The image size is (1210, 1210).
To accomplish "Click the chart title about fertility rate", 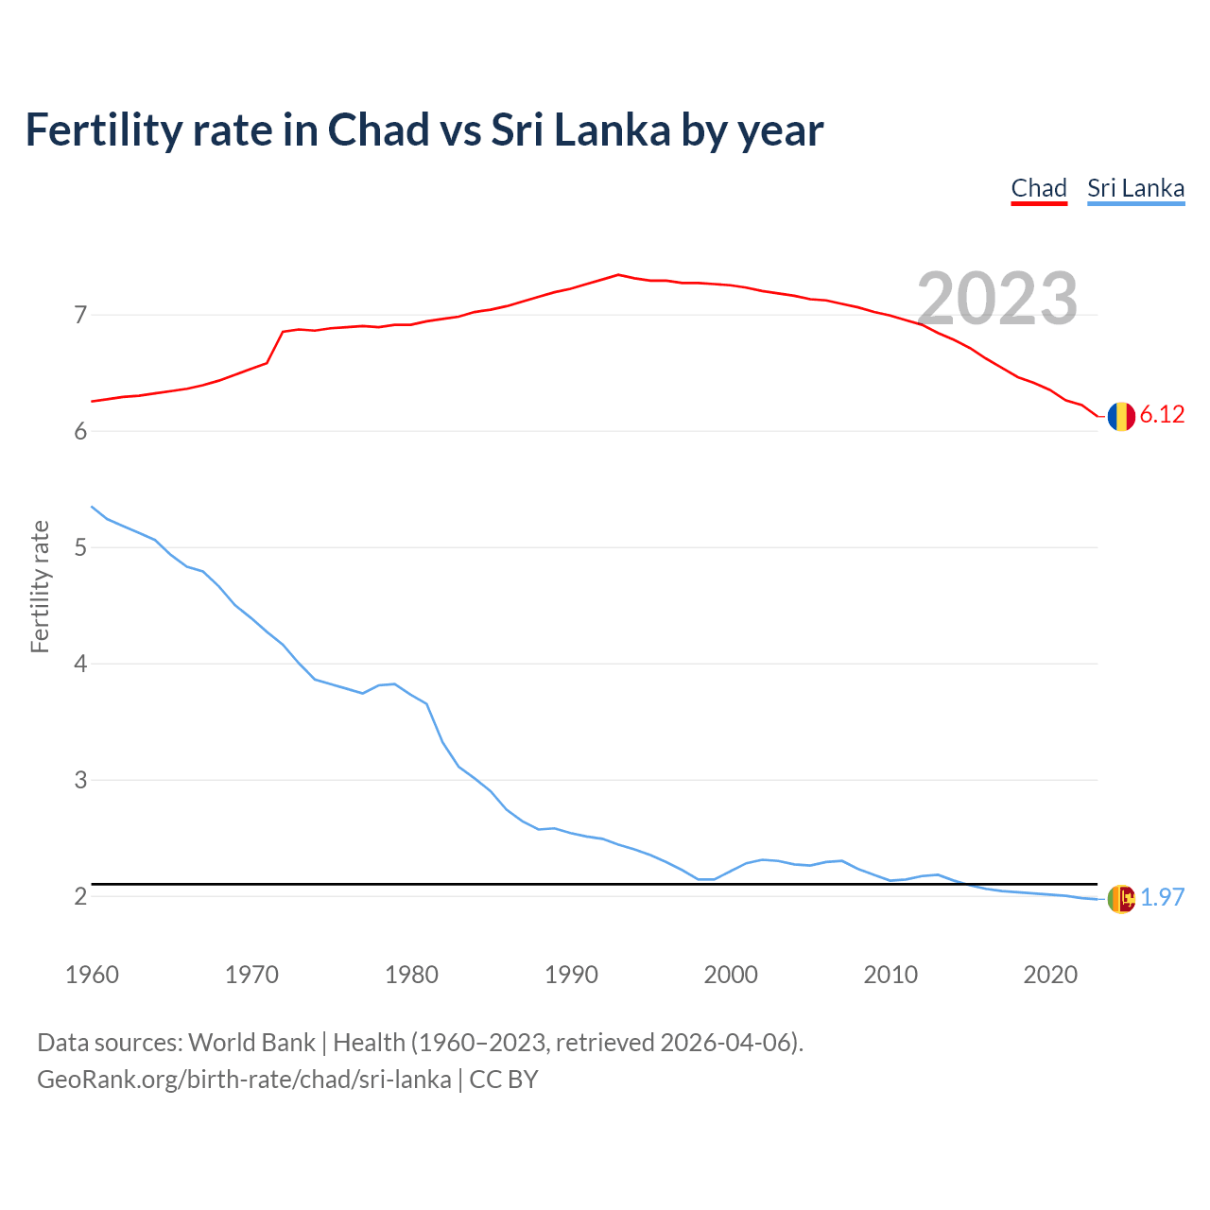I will pos(424,130).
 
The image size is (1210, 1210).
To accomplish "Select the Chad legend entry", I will pos(1039,188).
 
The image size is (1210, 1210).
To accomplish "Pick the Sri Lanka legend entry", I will pos(1135,188).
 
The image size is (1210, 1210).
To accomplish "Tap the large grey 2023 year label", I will pos(997,299).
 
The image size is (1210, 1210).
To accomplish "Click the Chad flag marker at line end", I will pos(1121,416).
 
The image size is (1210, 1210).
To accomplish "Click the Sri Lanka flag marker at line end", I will pos(1121,899).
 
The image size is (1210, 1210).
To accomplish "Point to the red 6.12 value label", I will pos(1162,415).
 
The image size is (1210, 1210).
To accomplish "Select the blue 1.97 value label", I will pos(1162,897).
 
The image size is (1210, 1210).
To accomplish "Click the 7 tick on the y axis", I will pos(80,315).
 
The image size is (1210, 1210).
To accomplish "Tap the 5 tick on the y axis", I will pos(80,547).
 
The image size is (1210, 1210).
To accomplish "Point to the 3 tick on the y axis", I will pos(80,780).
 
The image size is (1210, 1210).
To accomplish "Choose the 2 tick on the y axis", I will pos(80,896).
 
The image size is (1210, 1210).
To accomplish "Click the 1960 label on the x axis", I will pos(92,975).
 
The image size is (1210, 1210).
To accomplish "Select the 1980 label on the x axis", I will pos(411,975).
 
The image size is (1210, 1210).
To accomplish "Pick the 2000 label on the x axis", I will pos(731,975).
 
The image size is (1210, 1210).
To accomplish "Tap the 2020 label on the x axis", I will pos(1050,975).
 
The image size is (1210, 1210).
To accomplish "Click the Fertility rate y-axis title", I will pos(40,586).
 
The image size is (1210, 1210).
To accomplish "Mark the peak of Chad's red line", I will pos(618,275).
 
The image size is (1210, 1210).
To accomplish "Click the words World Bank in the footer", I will pos(251,1043).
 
